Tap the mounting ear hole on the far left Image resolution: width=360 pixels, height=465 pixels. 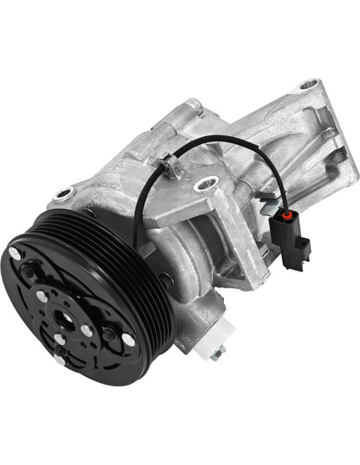pos(63,192)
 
